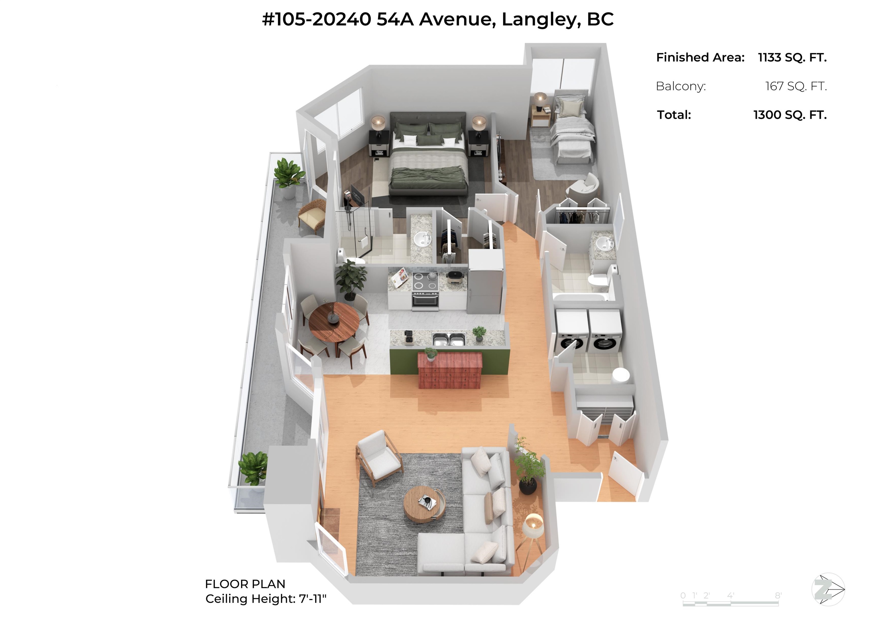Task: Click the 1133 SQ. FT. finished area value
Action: pos(792,57)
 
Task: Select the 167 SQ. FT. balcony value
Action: pos(796,86)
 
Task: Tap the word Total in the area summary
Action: pos(674,115)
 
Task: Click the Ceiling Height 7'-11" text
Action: pos(266,599)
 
